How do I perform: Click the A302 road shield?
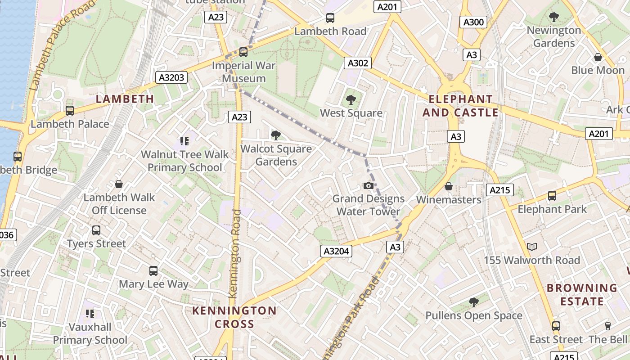[358, 63]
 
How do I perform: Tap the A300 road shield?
[473, 22]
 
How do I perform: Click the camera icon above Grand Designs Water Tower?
[368, 185]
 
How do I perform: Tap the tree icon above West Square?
[351, 100]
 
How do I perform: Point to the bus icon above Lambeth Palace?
[70, 110]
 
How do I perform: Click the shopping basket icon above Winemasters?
[449, 186]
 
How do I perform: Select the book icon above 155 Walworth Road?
[532, 247]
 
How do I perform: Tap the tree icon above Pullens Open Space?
[473, 302]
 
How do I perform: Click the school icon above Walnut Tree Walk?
[184, 141]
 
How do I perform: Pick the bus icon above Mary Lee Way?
[153, 271]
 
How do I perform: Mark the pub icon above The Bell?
[607, 326]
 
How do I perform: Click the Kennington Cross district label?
[234, 317]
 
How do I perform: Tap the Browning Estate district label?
[582, 294]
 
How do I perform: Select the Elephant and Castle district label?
[460, 106]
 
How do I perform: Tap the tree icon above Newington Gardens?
[554, 17]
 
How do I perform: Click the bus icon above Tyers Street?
[96, 230]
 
